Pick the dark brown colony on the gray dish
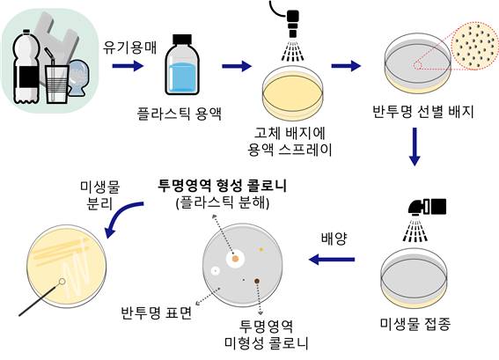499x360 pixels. [x=257, y=281]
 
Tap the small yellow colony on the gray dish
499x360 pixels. [x=261, y=249]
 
